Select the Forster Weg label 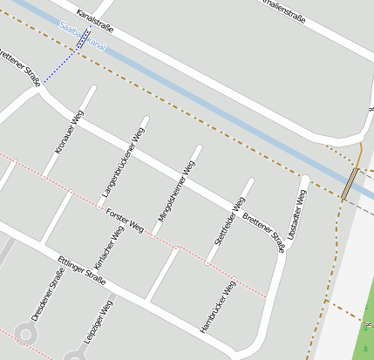125,221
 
